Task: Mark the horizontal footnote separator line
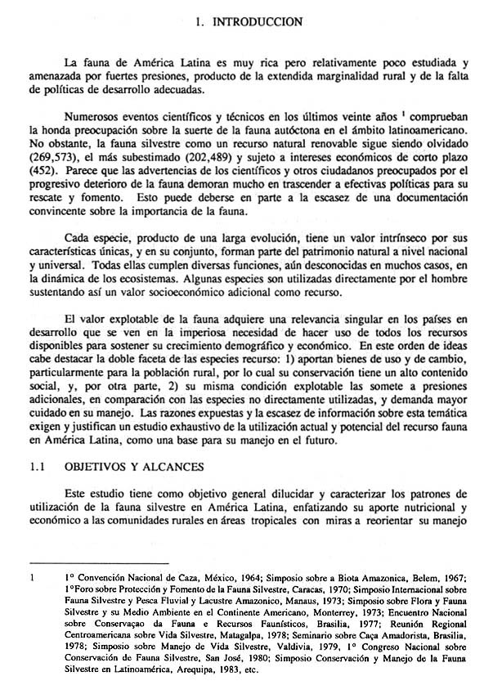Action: coord(97,563)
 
